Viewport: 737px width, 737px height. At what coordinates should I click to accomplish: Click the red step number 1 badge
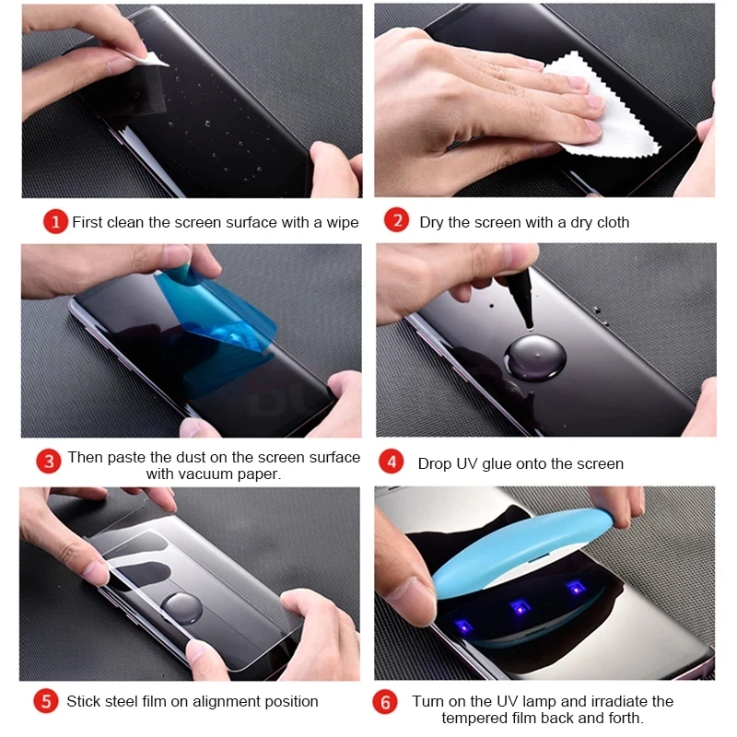pyautogui.click(x=55, y=222)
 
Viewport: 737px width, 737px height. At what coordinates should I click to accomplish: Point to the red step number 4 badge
pyautogui.click(x=392, y=462)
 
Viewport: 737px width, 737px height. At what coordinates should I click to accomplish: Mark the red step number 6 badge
pyautogui.click(x=387, y=703)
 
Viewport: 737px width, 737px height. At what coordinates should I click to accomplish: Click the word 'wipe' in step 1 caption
pyautogui.click(x=341, y=223)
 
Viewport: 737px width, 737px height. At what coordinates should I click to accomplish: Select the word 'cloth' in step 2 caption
pyautogui.click(x=611, y=222)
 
